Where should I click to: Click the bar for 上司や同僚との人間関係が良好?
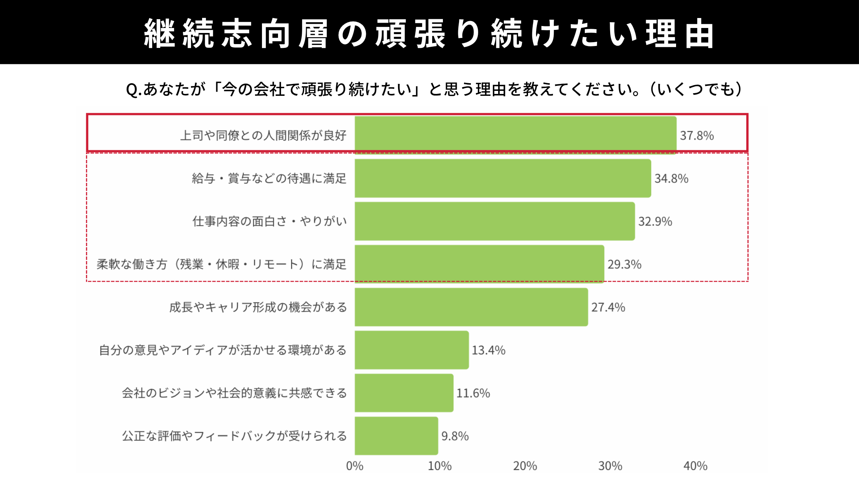pyautogui.click(x=515, y=135)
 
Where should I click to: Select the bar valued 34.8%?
pyautogui.click(x=503, y=178)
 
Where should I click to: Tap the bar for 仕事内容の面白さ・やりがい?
pyautogui.click(x=495, y=221)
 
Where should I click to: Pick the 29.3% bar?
pyautogui.click(x=479, y=264)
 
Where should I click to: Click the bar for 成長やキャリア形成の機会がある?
pyautogui.click(x=471, y=307)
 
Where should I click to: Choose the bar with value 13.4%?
pyautogui.click(x=411, y=350)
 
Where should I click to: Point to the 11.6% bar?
pyautogui.click(x=404, y=393)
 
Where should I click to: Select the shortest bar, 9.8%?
pyautogui.click(x=396, y=436)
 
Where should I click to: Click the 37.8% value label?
pyautogui.click(x=697, y=136)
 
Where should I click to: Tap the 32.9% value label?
pyautogui.click(x=655, y=222)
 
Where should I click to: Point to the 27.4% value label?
pyautogui.click(x=608, y=307)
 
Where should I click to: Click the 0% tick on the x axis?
pyautogui.click(x=355, y=466)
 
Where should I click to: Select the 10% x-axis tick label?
pyautogui.click(x=440, y=466)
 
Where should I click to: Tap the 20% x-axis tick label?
pyautogui.click(x=525, y=466)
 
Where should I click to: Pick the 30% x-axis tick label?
pyautogui.click(x=610, y=466)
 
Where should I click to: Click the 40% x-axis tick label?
pyautogui.click(x=695, y=466)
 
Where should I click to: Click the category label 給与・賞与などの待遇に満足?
pyautogui.click(x=269, y=179)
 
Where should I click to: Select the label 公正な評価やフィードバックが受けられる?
pyautogui.click(x=234, y=436)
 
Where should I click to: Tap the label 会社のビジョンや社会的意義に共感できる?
pyautogui.click(x=234, y=393)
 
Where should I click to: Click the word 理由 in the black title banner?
pyautogui.click(x=680, y=34)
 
